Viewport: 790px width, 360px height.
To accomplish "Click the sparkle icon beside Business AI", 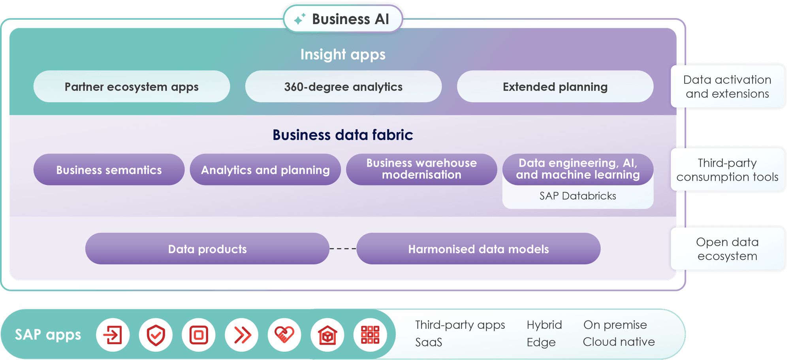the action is click(x=300, y=19).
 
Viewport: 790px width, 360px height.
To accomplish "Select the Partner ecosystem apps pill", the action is click(x=132, y=87).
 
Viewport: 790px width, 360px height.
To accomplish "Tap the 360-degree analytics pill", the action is click(x=343, y=87).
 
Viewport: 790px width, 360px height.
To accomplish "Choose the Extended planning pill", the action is click(x=555, y=87).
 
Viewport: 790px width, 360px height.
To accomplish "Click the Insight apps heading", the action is click(x=343, y=55).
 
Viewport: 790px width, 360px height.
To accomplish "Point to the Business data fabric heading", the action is click(x=343, y=135).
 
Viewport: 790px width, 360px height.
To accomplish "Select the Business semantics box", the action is click(x=109, y=170).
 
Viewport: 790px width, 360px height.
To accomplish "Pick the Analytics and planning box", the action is click(x=265, y=170).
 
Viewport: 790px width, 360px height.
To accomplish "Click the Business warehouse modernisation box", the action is click(x=421, y=170).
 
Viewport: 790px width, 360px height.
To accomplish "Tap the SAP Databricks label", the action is click(x=578, y=196).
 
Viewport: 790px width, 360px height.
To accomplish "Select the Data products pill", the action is click(x=207, y=249).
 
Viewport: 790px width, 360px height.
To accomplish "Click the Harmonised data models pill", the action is click(x=478, y=249).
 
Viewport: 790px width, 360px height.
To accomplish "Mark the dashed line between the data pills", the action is click(x=343, y=249).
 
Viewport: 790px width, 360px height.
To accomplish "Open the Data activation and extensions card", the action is click(x=728, y=87).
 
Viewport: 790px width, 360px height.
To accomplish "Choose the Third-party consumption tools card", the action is click(x=728, y=170).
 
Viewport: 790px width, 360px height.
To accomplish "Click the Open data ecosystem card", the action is click(x=728, y=249).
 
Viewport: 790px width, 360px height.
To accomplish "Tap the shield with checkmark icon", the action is click(x=156, y=335).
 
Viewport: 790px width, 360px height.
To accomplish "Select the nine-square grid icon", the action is click(x=370, y=335).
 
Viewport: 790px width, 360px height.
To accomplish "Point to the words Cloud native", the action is click(x=619, y=342).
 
